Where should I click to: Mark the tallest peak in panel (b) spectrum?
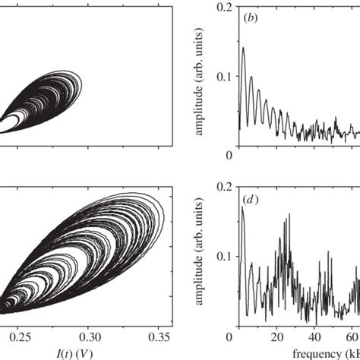click(243, 49)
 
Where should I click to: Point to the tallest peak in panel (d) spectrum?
click(243, 207)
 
